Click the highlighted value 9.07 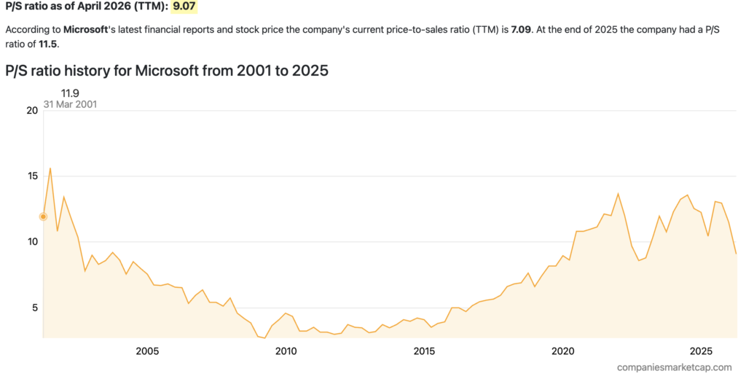(x=184, y=7)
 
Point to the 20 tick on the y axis (x=31, y=111)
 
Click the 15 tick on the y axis (x=31, y=176)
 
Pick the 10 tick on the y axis (x=31, y=242)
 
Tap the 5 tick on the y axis (x=34, y=308)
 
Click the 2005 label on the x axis (x=147, y=351)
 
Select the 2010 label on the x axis (x=286, y=351)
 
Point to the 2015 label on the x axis (x=424, y=351)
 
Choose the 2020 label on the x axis (x=562, y=351)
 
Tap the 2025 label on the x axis (x=701, y=351)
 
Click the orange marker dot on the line (x=43, y=216)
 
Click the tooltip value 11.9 (x=70, y=93)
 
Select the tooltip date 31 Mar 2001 (x=70, y=104)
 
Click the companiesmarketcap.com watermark (x=674, y=368)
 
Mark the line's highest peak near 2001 (x=50, y=168)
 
